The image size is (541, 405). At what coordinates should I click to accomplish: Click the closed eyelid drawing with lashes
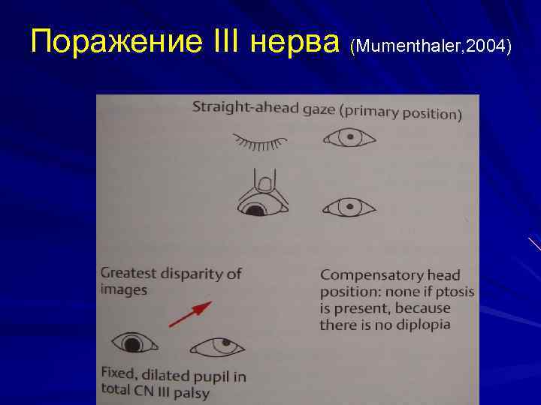pos(260,140)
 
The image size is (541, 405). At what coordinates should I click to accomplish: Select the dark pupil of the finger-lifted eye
pos(256,211)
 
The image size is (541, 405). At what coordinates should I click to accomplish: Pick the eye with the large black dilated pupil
pos(134,344)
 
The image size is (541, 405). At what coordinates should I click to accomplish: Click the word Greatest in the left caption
pos(128,274)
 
